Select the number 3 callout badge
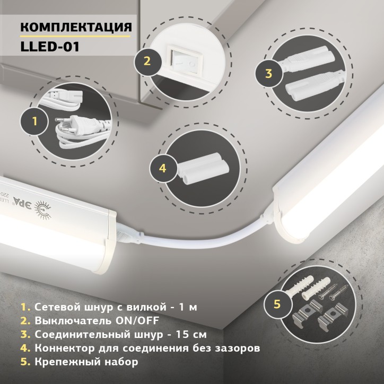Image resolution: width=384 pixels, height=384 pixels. [268, 73]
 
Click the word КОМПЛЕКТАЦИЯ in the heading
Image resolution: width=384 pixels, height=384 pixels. [75, 27]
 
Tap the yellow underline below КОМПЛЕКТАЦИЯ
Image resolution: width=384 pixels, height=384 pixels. [75, 37]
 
